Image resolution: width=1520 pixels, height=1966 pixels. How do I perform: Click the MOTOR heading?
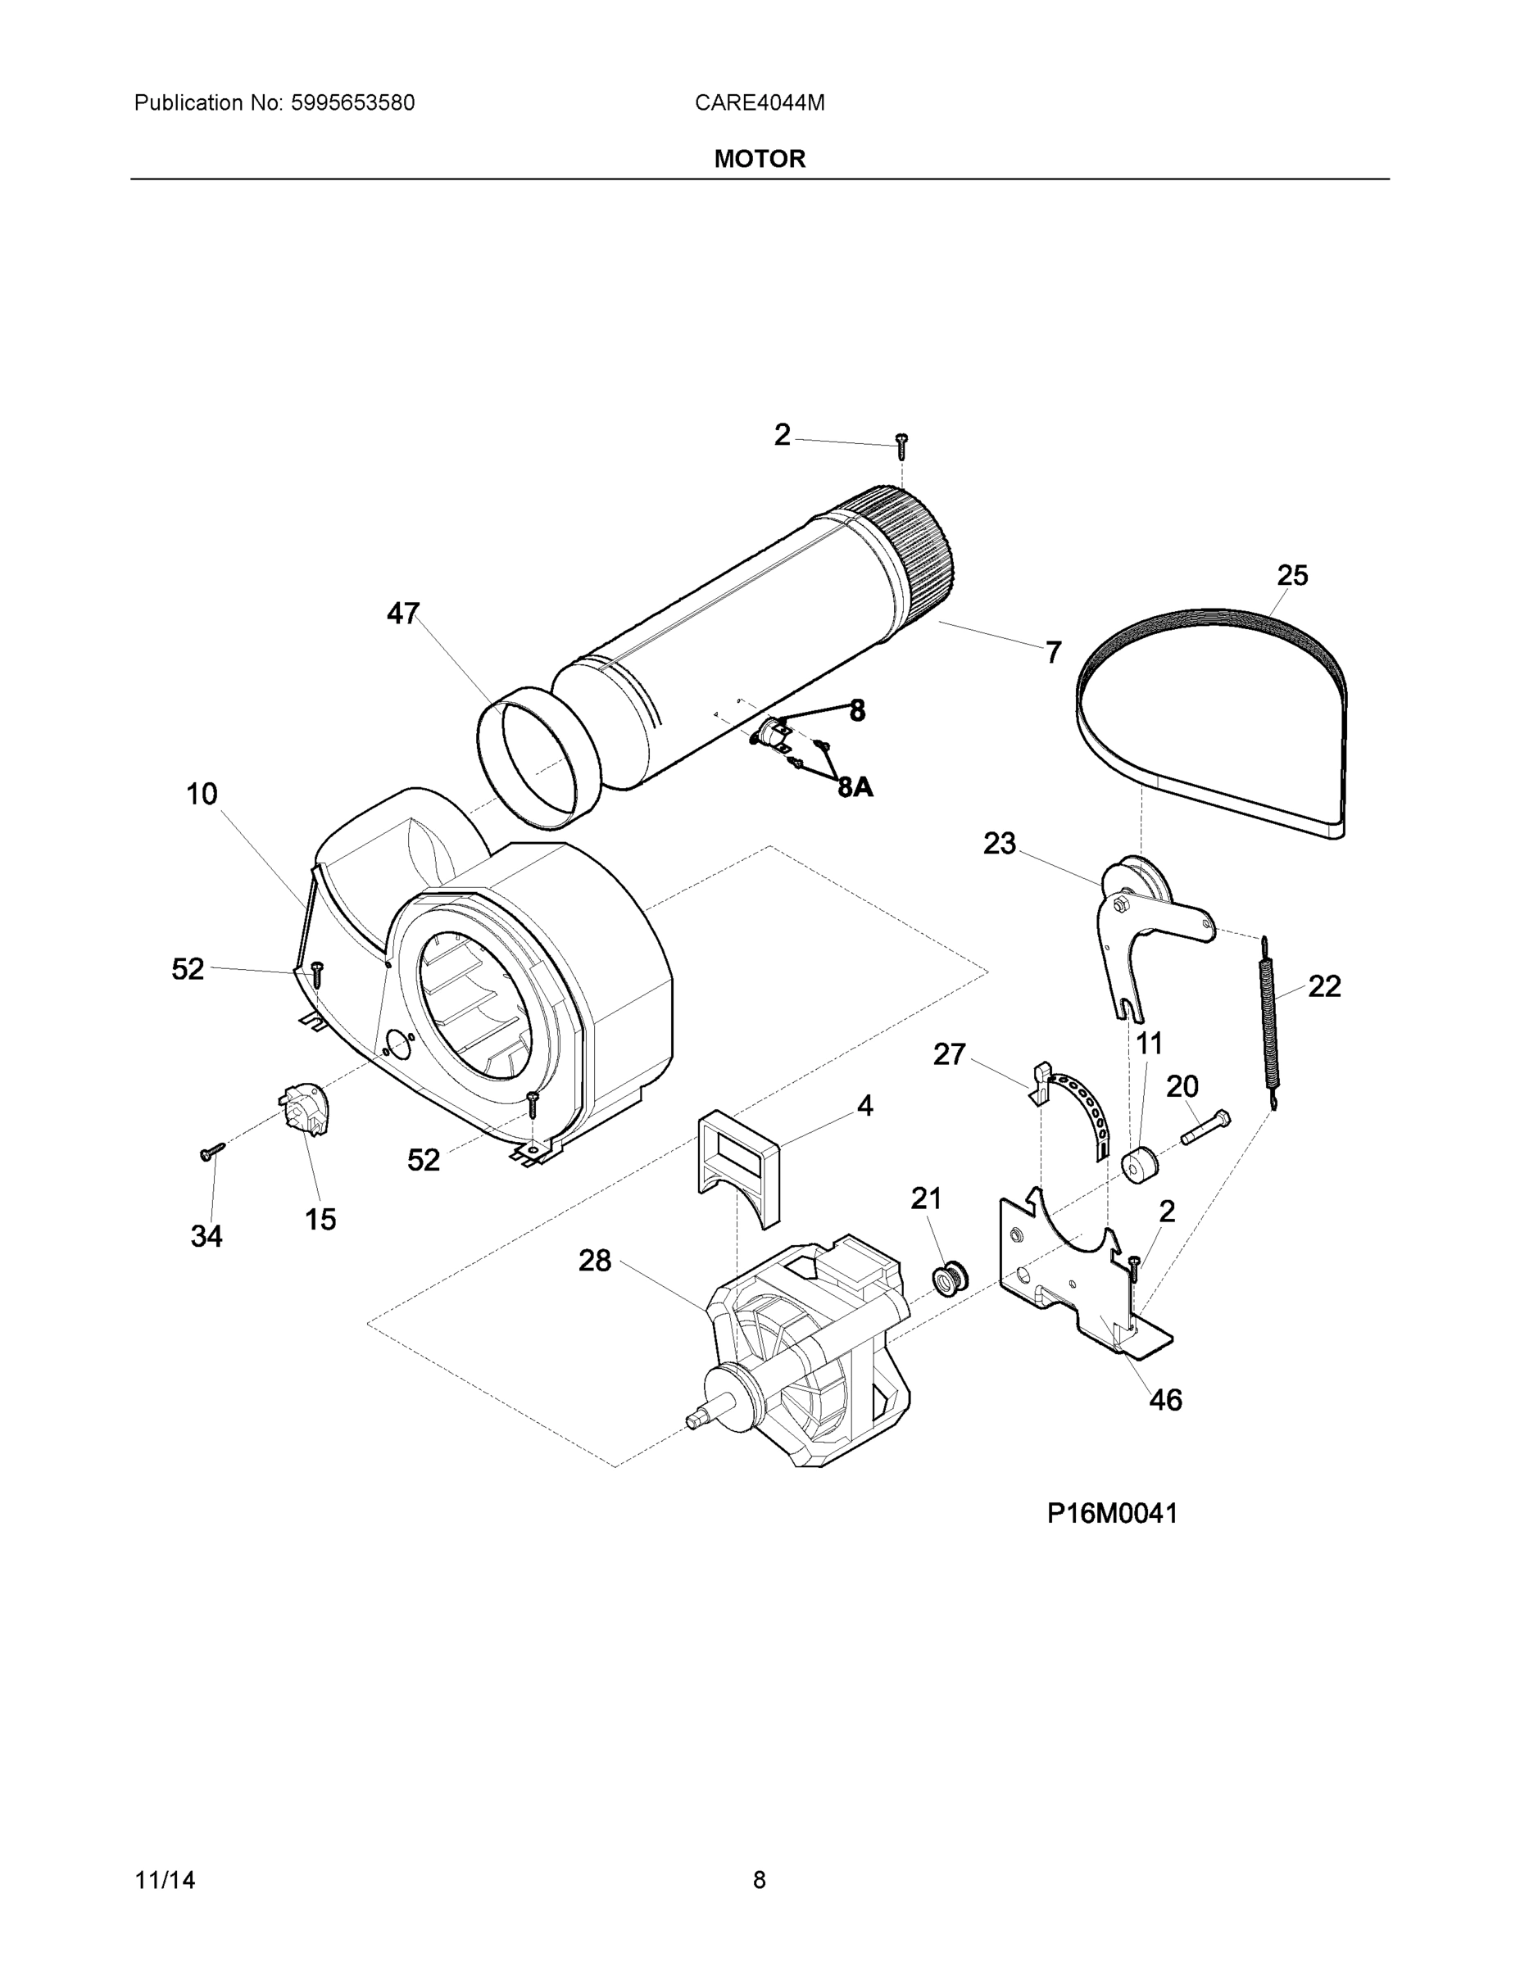759,160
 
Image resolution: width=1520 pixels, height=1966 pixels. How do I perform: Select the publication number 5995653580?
352,103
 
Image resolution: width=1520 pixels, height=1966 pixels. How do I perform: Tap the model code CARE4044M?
759,103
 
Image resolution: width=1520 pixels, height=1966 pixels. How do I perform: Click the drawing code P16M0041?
1112,1513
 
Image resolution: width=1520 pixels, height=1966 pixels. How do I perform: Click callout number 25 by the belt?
1292,575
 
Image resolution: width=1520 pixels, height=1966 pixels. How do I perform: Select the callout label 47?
402,614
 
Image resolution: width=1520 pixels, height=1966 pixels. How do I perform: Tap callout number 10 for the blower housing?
202,794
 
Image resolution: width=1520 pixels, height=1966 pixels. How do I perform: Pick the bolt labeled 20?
1205,1127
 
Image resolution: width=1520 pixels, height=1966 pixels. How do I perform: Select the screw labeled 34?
212,1153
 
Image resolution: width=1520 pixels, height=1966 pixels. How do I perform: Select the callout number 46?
1165,1400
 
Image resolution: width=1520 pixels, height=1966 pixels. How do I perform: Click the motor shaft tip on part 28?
695,1420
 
